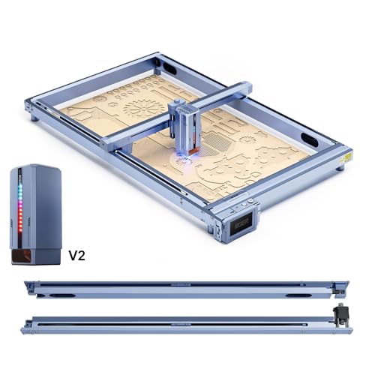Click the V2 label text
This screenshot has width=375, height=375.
click(x=77, y=254)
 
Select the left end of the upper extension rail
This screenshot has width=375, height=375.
click(x=28, y=283)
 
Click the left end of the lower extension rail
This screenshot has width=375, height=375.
click(x=28, y=325)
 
